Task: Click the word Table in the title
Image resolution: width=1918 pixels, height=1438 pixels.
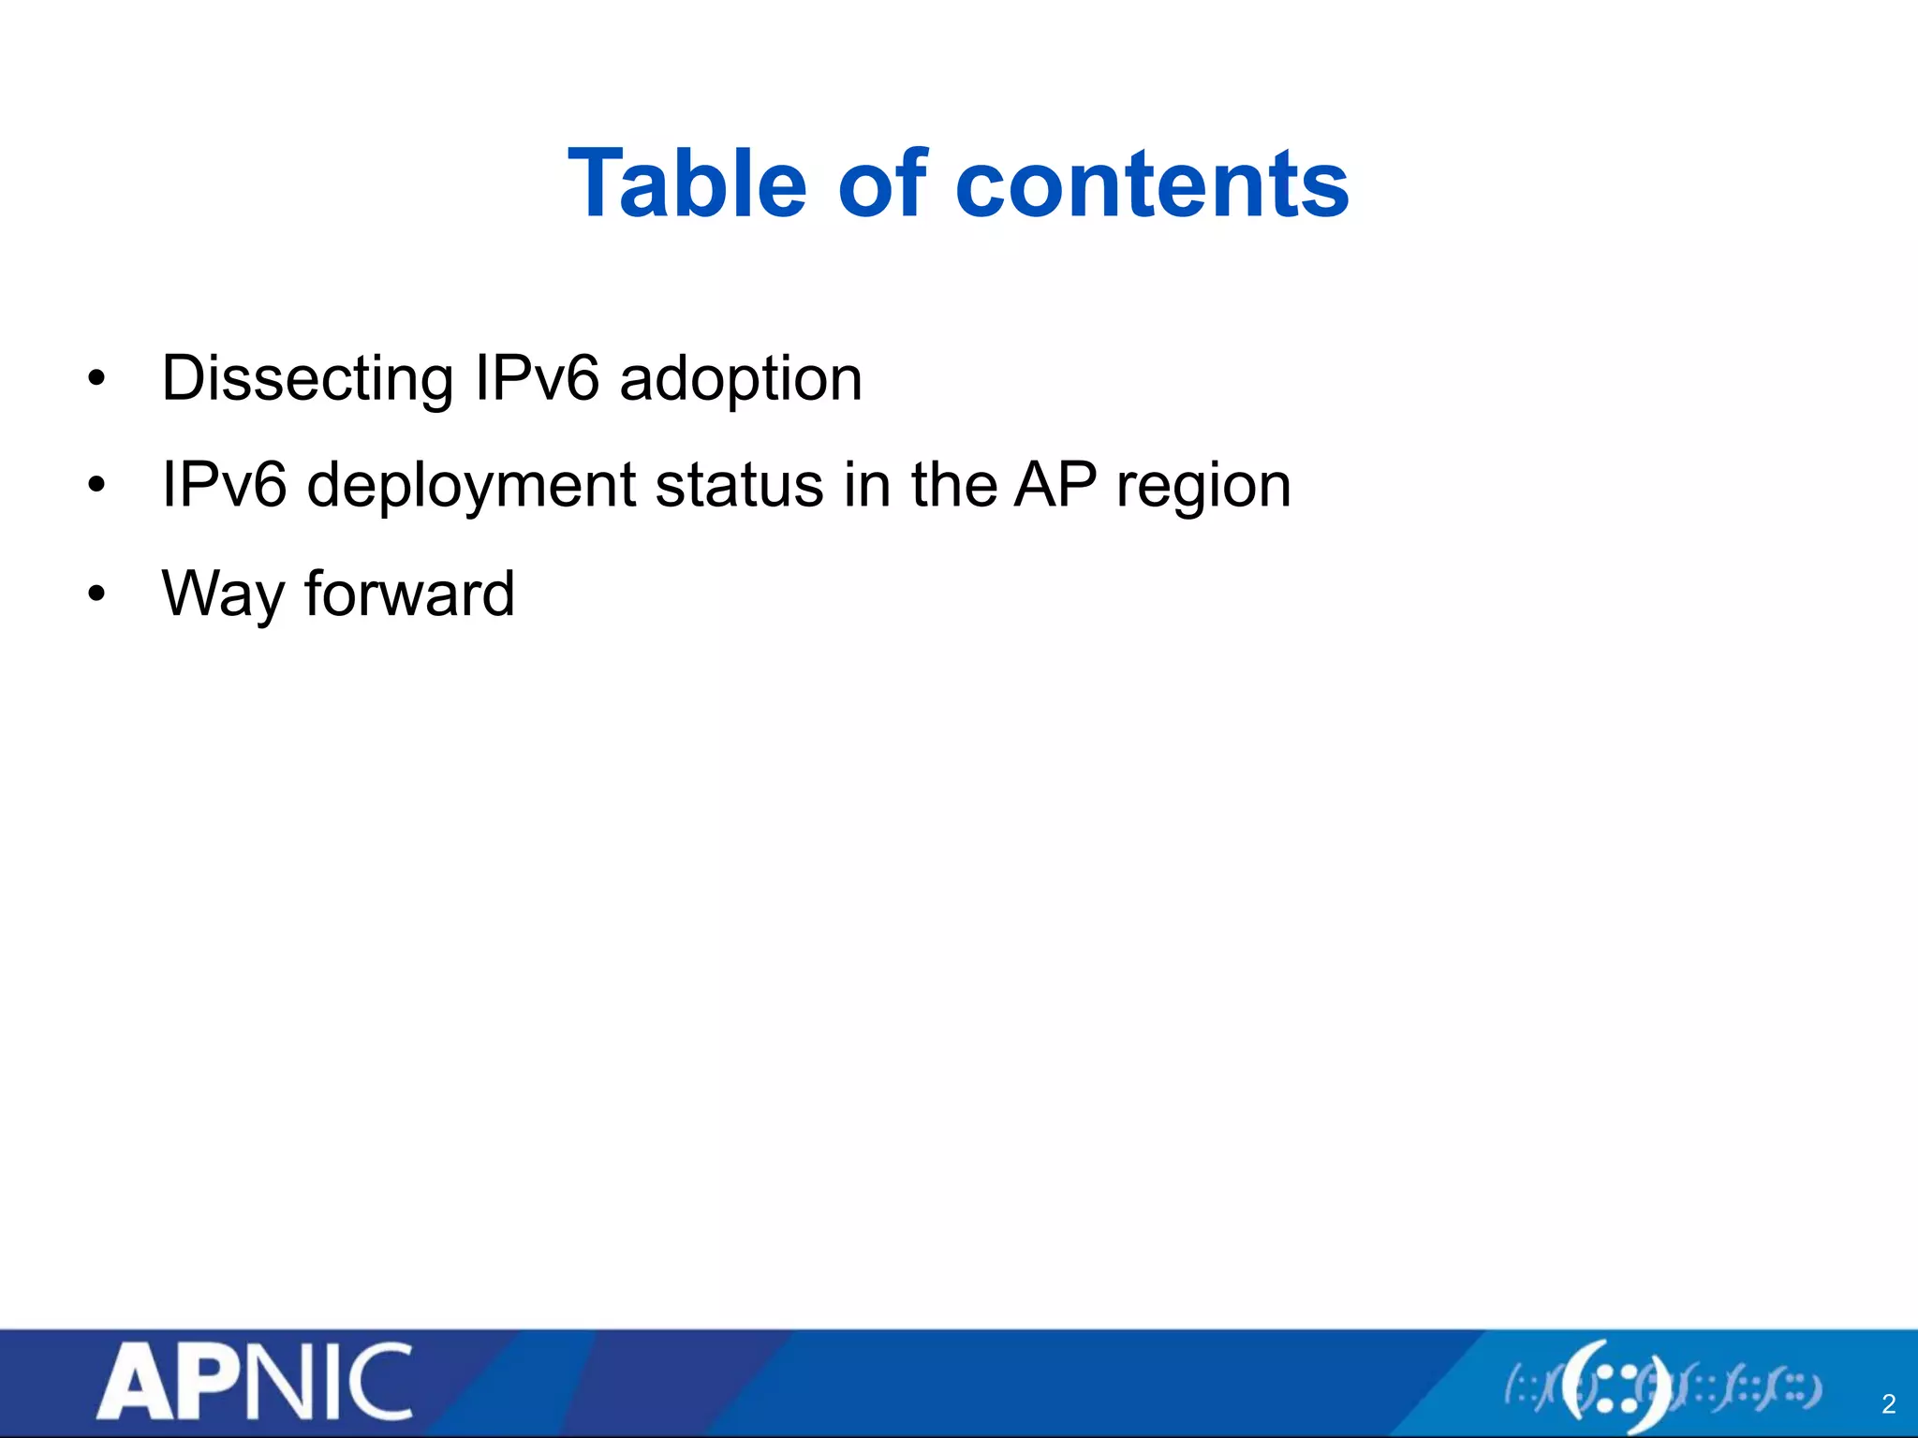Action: tap(686, 184)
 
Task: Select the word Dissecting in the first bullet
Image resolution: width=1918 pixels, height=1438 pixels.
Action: tap(307, 379)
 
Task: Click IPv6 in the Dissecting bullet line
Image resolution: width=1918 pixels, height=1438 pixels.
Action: tap(537, 379)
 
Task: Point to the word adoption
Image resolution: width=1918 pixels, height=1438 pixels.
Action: tap(741, 379)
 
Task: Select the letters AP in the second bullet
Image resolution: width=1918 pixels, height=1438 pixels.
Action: tap(1055, 486)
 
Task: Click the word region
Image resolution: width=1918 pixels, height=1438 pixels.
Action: tap(1203, 486)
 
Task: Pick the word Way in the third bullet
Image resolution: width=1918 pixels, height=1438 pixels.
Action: tap(220, 594)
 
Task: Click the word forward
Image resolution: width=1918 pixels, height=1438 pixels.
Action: tap(409, 593)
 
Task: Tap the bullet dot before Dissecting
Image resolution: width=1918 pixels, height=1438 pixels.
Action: tap(96, 380)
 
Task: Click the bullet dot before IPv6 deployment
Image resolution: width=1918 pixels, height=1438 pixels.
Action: tap(96, 487)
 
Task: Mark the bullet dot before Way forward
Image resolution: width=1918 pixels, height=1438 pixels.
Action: tap(96, 594)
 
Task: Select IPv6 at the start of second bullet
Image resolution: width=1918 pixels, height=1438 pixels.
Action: tap(224, 486)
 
